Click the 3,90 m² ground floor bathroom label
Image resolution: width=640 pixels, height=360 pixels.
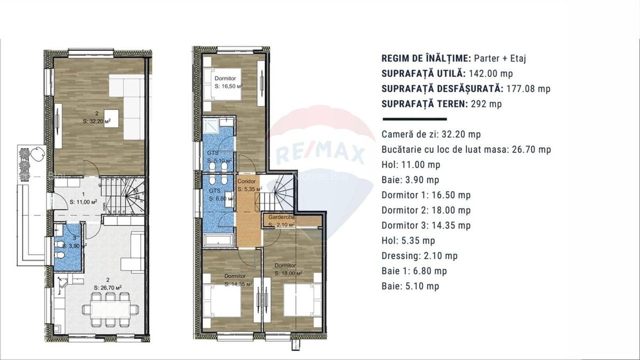tap(70, 246)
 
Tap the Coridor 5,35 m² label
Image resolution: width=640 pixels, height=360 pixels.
tap(249, 185)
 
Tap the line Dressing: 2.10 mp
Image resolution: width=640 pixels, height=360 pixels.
tap(412, 256)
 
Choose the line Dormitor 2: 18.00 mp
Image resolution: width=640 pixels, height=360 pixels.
tap(426, 210)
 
